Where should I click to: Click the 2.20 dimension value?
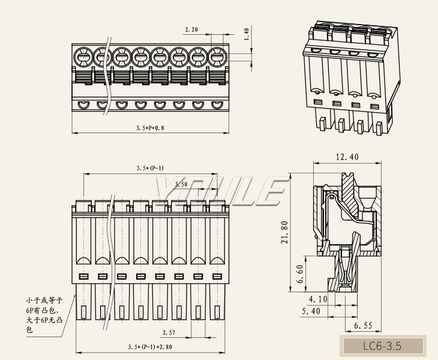point(191,29)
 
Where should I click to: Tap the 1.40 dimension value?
point(246,34)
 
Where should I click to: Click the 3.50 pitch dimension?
point(181,184)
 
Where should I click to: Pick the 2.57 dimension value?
point(169,332)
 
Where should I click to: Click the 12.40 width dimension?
point(347,157)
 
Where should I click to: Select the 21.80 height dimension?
point(285,232)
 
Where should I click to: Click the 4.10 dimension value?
point(318,298)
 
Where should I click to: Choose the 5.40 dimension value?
point(310,312)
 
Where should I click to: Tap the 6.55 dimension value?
point(364,326)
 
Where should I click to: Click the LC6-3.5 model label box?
point(382,346)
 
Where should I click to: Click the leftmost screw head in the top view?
point(83,58)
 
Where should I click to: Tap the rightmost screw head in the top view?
point(216,58)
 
